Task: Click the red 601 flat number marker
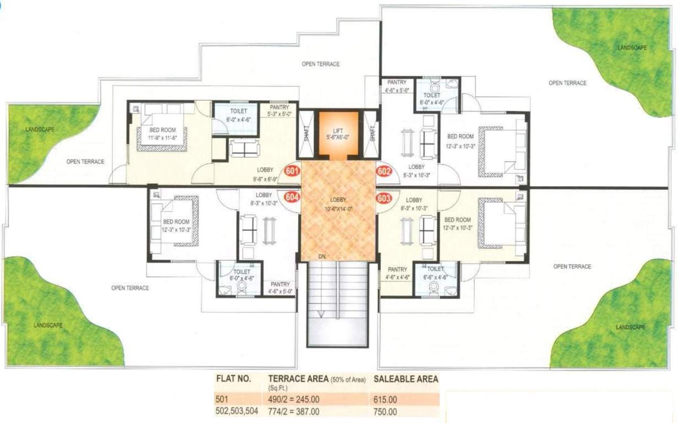pyautogui.click(x=292, y=171)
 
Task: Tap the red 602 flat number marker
pyautogui.click(x=384, y=171)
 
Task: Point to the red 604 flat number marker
pyautogui.click(x=292, y=197)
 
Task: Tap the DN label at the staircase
pyautogui.click(x=322, y=257)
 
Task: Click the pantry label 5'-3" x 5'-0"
pyautogui.click(x=278, y=111)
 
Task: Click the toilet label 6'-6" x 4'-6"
pyautogui.click(x=435, y=273)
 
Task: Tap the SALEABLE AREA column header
pyautogui.click(x=406, y=379)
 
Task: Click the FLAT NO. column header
pyautogui.click(x=233, y=379)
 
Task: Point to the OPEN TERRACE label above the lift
pyautogui.click(x=320, y=64)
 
